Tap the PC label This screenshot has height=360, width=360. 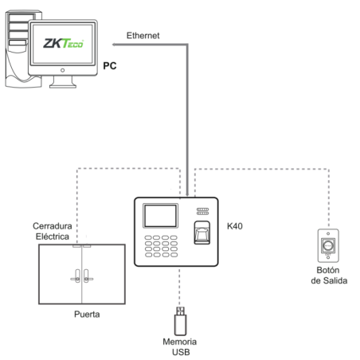point(112,66)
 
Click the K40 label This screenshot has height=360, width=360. point(236,226)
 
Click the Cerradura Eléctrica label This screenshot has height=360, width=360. point(54,231)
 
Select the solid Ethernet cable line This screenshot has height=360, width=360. point(188,119)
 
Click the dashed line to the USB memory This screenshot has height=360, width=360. point(180,287)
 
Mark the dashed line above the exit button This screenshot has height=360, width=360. point(327,199)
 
